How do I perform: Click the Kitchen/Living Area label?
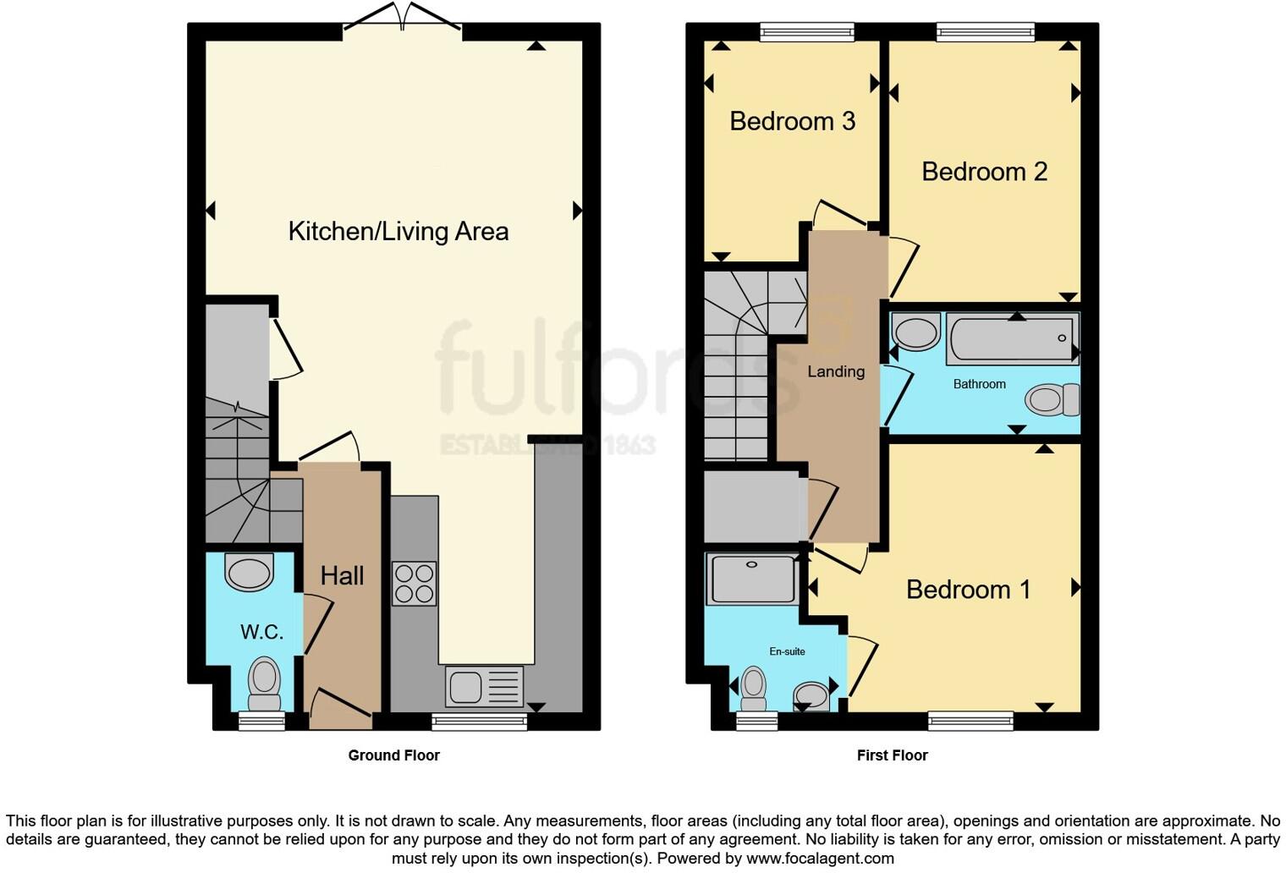[398, 231]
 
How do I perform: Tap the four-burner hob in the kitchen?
[414, 583]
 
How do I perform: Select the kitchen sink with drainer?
[484, 686]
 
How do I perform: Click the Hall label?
[342, 576]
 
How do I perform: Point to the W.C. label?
[261, 632]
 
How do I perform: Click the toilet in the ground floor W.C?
[264, 684]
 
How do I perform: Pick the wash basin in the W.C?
[249, 572]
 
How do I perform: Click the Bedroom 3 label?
[792, 122]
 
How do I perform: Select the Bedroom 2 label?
[984, 172]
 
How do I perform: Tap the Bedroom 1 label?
[968, 590]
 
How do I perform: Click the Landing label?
[835, 371]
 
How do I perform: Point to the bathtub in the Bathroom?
[1012, 338]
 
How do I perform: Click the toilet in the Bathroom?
[1052, 399]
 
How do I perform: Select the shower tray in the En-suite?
[752, 579]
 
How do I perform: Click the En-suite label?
[787, 651]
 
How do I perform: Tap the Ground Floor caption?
[393, 755]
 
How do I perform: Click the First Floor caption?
[892, 755]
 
